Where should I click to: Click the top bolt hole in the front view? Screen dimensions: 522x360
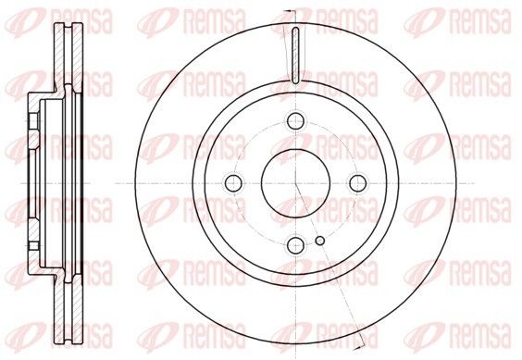295,120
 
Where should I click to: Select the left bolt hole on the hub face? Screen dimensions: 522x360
233,183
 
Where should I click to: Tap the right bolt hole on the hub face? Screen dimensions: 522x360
358,183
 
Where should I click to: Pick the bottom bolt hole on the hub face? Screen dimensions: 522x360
295,245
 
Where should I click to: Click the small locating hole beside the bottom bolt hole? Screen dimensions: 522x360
320,241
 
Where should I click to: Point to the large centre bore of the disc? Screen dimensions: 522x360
295,183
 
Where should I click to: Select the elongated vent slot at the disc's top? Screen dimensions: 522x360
295,56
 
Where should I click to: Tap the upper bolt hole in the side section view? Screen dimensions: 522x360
33,121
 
